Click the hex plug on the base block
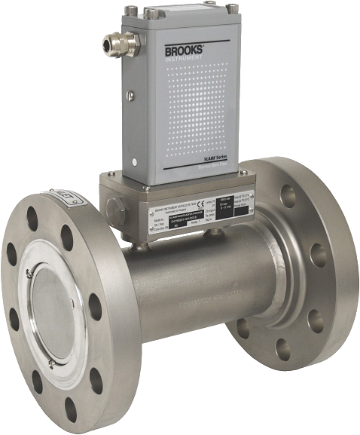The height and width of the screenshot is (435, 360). click(114, 204)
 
